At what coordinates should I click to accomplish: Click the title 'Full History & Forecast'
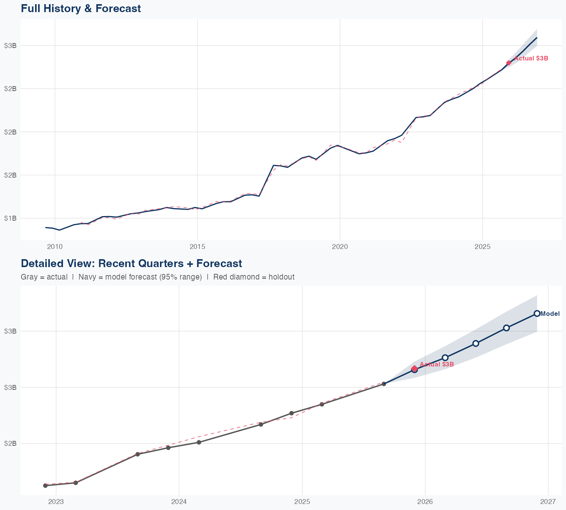coord(81,8)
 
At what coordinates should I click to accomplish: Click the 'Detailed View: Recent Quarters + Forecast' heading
coord(131,263)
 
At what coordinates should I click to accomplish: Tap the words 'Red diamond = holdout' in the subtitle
coord(254,277)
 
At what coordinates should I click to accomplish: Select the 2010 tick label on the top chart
coord(55,247)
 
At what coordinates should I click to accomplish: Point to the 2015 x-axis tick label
coord(197,247)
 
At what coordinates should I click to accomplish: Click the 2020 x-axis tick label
coord(340,247)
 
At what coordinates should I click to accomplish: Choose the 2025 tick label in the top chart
coord(482,247)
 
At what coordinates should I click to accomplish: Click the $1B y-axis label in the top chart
coord(10,218)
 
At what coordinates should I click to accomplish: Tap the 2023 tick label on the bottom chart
coord(56,502)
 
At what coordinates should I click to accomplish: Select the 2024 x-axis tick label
coord(179,502)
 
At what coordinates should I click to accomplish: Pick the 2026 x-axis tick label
coord(425,502)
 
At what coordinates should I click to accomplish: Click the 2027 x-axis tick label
coord(548,502)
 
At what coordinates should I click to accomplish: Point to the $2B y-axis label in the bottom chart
coord(10,444)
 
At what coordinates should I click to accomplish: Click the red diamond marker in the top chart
coord(509,63)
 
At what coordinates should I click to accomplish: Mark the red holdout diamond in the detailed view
coord(414,368)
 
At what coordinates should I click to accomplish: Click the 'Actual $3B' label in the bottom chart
coord(437,365)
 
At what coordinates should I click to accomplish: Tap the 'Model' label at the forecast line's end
coord(550,314)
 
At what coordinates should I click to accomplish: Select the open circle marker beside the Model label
coord(537,314)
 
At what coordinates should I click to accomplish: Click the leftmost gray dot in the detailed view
coord(45,485)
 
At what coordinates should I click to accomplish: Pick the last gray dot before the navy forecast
coord(384,384)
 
